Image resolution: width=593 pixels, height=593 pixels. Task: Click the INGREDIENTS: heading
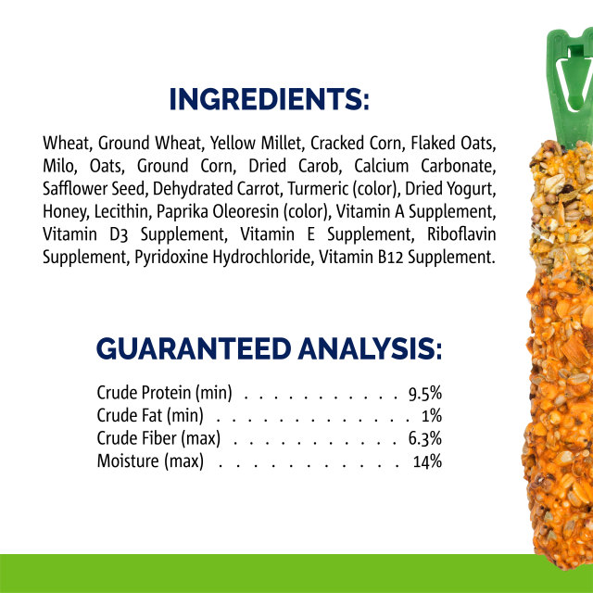coord(270,99)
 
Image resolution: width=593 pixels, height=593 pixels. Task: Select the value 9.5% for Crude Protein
coord(424,392)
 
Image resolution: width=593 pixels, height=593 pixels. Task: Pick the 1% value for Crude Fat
coord(431,415)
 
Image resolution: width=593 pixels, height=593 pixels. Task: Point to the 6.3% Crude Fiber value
coord(424,438)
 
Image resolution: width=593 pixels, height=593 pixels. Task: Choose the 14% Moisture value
coord(428,461)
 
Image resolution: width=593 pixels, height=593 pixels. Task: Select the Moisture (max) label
coord(150,461)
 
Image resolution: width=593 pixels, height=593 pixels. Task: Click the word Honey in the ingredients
coord(62,211)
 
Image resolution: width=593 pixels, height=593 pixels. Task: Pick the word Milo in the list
coord(58,167)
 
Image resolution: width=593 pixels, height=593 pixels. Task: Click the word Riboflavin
coord(458,233)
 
